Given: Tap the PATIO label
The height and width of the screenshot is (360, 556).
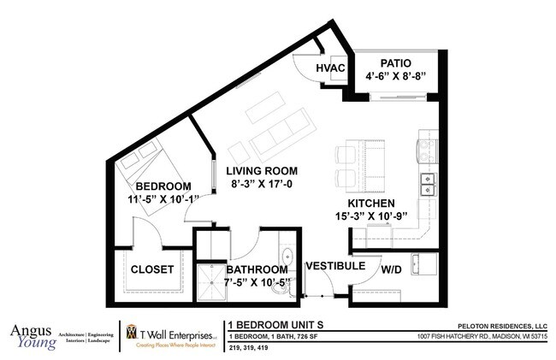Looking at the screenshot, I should pos(395,63).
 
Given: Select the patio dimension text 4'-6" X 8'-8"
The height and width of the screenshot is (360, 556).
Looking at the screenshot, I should pos(395,77).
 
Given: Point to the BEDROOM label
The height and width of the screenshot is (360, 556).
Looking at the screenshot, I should pos(163,186).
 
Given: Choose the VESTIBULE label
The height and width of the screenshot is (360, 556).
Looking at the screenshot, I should pos(335,266).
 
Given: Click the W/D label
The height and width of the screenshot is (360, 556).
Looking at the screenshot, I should pos(392,269).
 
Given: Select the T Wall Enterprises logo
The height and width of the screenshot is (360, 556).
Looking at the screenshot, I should pos(171,336).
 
